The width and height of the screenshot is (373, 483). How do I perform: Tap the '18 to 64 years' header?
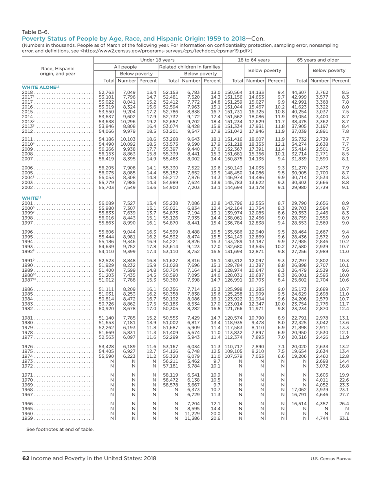coord(254,60)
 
